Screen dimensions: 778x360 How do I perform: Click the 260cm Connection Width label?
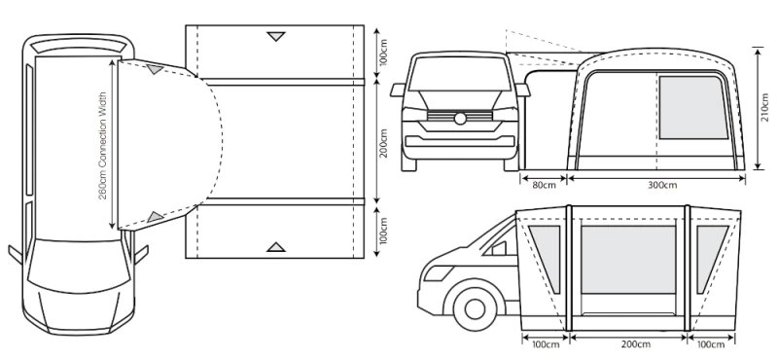(x=103, y=146)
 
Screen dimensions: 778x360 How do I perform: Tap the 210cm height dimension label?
(x=767, y=109)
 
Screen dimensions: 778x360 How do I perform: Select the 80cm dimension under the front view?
(x=545, y=186)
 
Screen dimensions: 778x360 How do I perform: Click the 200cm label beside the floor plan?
(x=383, y=142)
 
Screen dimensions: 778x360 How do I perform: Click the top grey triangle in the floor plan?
(x=276, y=36)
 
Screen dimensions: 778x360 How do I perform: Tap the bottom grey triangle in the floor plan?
(x=276, y=247)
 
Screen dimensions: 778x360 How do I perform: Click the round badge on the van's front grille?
(x=460, y=118)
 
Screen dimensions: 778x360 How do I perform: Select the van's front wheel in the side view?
(x=475, y=308)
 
